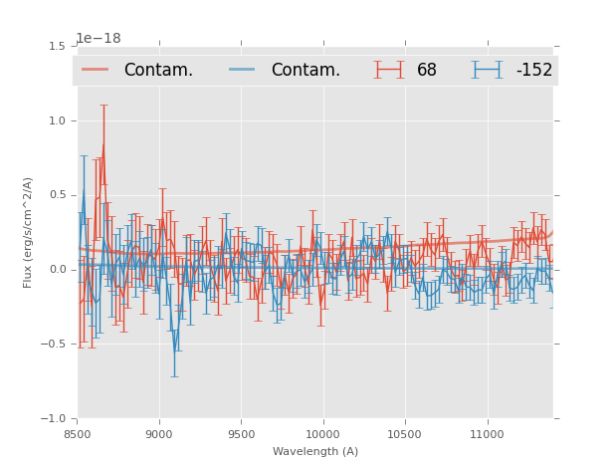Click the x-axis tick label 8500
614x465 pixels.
pos(78,433)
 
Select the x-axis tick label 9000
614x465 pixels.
pos(159,433)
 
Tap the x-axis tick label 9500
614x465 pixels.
pos(241,433)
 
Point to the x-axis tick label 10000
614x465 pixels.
pos(322,433)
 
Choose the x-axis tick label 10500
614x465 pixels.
pos(405,433)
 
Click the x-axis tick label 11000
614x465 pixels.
pos(487,433)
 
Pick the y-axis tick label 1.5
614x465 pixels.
pos(57,46)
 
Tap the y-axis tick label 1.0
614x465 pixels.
pos(57,120)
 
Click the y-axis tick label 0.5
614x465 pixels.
pos(57,195)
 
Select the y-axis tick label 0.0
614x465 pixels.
pos(57,270)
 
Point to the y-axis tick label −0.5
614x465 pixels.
pos(54,345)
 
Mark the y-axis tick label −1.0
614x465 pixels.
pos(54,419)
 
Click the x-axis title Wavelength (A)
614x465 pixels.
pos(315,451)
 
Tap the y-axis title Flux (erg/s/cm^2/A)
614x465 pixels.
pos(29,232)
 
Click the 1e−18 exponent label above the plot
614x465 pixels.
pos(98,39)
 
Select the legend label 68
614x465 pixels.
pos(427,71)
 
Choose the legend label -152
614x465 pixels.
pos(533,71)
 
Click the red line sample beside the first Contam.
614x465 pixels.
pos(97,70)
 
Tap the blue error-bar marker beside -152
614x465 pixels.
pos(487,70)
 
